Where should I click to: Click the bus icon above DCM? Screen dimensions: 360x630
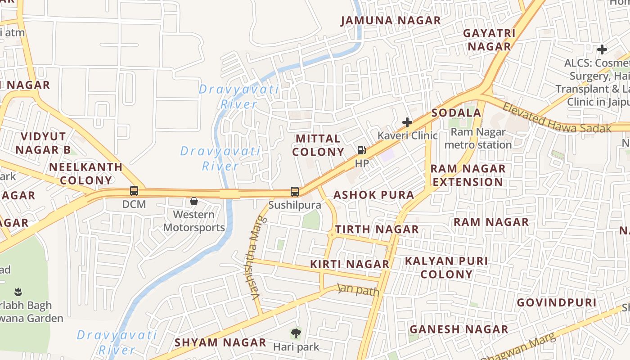point(134,191)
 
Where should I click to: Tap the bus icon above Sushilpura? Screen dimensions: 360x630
point(295,192)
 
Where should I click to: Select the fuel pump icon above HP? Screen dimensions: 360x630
point(361,150)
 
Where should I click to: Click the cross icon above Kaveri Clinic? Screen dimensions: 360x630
point(407,122)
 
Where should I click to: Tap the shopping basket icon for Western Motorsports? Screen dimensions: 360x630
point(194,201)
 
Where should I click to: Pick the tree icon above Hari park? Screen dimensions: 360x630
point(296,333)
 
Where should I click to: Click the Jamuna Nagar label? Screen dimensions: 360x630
point(391,21)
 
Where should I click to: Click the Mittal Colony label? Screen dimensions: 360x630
point(318,145)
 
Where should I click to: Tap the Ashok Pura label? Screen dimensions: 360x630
point(373,195)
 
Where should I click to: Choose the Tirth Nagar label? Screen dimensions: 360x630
point(377,229)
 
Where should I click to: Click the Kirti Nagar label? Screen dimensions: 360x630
point(350,264)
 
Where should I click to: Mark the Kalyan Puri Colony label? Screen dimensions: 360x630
point(446,268)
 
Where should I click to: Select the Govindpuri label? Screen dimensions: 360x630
point(556,302)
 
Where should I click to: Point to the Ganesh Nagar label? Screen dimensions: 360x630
point(459,329)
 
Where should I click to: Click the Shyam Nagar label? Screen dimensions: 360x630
point(220,342)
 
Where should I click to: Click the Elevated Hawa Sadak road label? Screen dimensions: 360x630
point(556,118)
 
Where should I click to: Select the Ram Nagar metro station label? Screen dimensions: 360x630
point(478,139)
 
